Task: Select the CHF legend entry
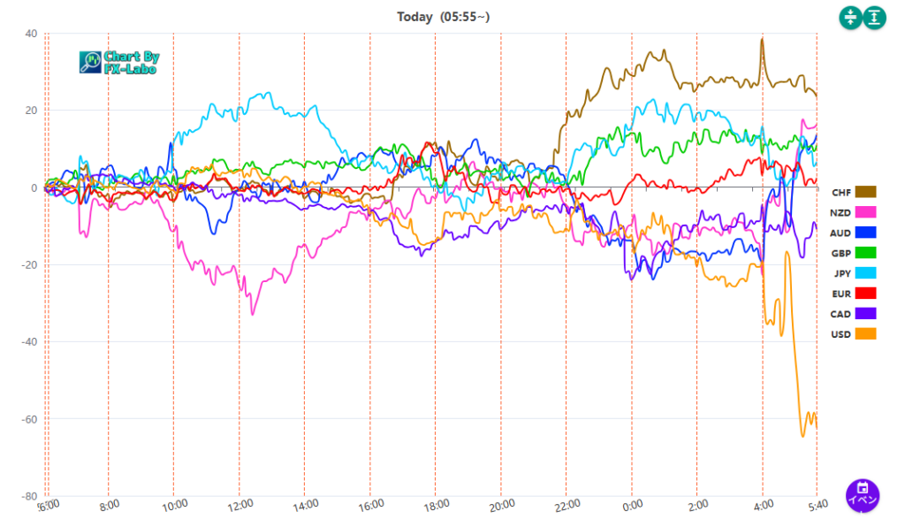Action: (853, 192)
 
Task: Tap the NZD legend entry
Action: (853, 212)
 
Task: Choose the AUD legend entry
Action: (853, 233)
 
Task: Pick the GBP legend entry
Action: (853, 253)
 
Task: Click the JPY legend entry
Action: (853, 273)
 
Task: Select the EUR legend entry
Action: (853, 294)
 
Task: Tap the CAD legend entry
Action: (853, 314)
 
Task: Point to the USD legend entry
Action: (853, 334)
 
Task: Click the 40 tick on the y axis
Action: (31, 34)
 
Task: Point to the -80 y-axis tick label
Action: (29, 496)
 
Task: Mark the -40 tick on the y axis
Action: (29, 341)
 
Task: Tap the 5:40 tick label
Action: (818, 504)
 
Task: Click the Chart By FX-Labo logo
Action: (119, 62)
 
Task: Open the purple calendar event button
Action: (863, 495)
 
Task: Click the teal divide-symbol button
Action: (850, 17)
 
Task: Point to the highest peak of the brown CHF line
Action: (762, 39)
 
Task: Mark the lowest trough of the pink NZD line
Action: (253, 314)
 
